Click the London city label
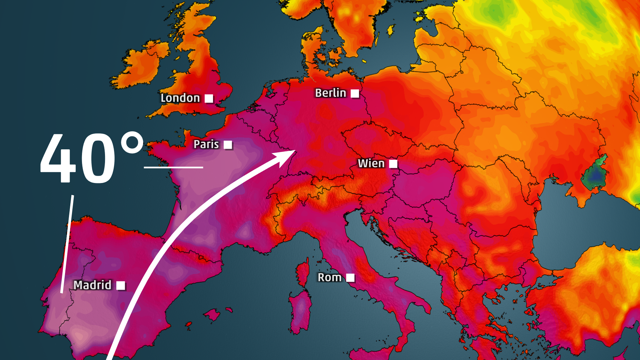coord(180,98)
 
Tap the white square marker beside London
coord(209,98)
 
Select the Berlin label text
coord(330,93)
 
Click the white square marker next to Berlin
coord(355,93)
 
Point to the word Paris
coord(206,144)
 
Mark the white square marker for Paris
coord(228,145)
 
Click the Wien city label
coord(371,163)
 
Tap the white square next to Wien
coord(393,164)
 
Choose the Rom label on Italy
coord(329,277)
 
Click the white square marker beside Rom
coord(350,278)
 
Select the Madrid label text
coord(92,285)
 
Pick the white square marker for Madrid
coord(121,285)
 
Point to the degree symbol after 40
coord(132,143)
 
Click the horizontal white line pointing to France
coord(173,167)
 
